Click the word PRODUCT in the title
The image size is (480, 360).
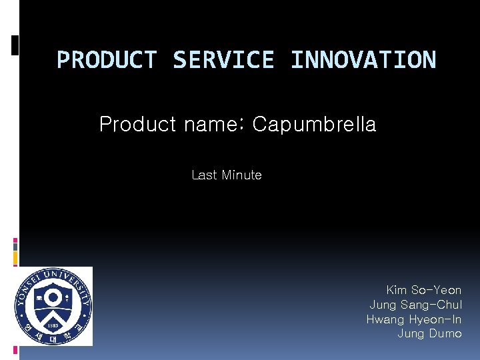click(x=106, y=60)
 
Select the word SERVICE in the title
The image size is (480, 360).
click(x=223, y=60)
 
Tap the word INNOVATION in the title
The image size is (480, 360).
click(x=363, y=60)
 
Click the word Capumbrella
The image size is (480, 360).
click(x=314, y=125)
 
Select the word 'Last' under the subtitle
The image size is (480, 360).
click(x=204, y=175)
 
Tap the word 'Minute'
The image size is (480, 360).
click(x=241, y=175)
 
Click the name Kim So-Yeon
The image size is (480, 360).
click(x=423, y=290)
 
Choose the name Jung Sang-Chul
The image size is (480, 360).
click(x=415, y=305)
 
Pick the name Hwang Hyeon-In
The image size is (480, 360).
click(x=413, y=319)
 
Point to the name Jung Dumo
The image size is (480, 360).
click(x=429, y=334)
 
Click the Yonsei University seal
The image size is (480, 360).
click(x=54, y=306)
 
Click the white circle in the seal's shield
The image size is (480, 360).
click(x=53, y=297)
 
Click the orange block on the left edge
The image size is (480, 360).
click(x=15, y=255)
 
